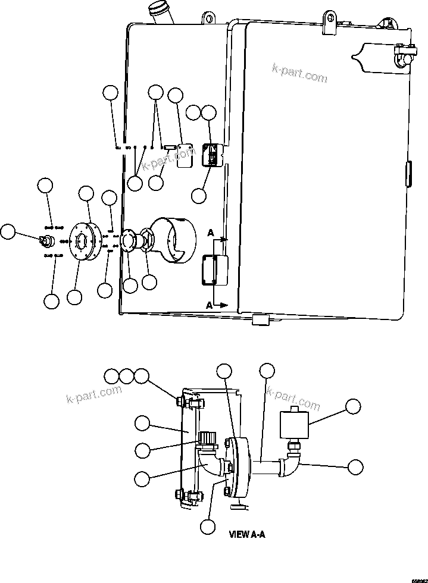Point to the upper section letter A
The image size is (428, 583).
point(211,234)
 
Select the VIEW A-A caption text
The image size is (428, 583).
point(247,534)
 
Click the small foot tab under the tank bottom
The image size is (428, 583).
point(261,320)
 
